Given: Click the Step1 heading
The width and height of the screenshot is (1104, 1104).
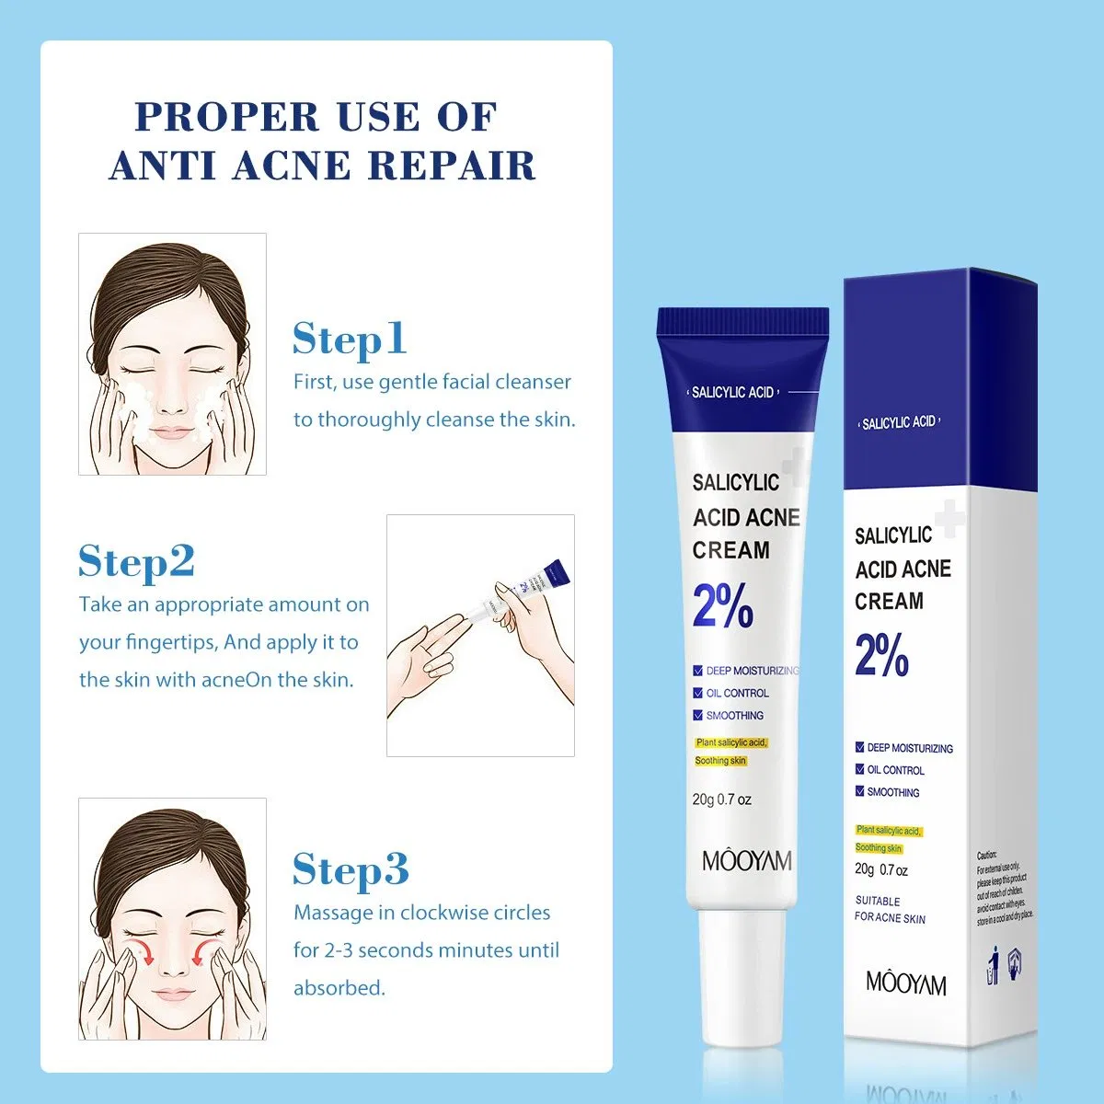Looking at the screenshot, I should coord(349,339).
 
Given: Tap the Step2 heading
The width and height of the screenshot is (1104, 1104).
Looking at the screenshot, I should coord(136,561).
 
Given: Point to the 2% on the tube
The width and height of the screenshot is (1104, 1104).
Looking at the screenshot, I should coord(722,606).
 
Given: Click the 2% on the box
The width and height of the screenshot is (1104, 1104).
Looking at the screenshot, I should coord(881,655).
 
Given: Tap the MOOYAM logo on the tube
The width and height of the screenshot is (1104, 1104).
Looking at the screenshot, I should coord(746,861).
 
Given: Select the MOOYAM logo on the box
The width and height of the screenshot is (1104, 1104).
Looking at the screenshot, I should coord(905,983).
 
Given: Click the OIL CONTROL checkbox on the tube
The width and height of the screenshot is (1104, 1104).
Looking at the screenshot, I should coord(698,693).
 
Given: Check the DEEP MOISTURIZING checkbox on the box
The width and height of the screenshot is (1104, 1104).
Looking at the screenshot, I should coord(859,748).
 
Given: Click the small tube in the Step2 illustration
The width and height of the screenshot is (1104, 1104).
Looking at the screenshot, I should coord(524,589).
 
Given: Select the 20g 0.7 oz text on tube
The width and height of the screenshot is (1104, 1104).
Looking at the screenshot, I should coord(721,799).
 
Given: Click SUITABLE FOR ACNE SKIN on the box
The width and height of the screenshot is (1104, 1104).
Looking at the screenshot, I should coord(889,910).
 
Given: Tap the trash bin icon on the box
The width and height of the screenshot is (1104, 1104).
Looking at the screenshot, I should coord(993,969).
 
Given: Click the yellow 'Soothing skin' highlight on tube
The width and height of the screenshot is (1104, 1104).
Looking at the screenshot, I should coord(720,761).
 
